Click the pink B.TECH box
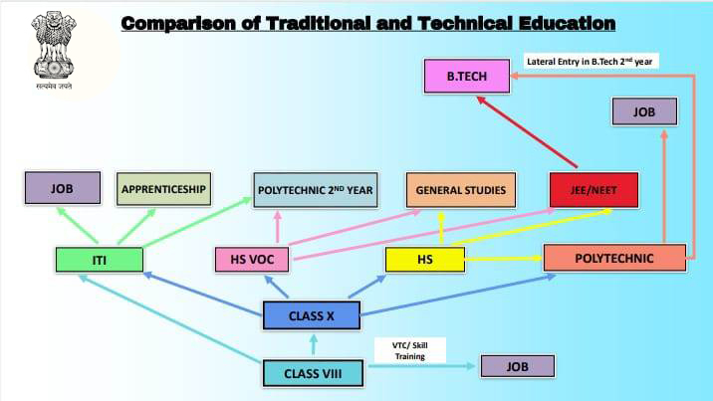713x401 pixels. tap(467, 76)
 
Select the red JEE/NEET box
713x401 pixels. tap(594, 190)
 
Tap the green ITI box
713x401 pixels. tap(100, 260)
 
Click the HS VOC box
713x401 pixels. tap(252, 260)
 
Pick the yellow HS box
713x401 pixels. tap(425, 260)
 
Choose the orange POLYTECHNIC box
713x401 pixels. tap(614, 258)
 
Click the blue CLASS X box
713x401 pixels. tap(312, 315)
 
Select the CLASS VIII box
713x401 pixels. tap(313, 373)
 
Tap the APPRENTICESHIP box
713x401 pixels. tap(163, 189)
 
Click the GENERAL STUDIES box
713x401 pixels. tap(461, 190)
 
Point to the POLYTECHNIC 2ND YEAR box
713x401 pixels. tap(316, 190)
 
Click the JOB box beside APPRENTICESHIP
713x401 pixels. tap(63, 188)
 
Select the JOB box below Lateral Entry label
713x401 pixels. tap(644, 111)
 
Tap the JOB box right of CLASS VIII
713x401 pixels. tap(518, 366)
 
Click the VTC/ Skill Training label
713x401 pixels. tap(410, 350)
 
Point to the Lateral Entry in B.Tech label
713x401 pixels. tap(591, 62)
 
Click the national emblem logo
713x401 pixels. tap(54, 50)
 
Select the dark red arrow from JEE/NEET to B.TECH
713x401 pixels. tap(527, 132)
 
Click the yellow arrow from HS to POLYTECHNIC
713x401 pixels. tap(504, 259)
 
